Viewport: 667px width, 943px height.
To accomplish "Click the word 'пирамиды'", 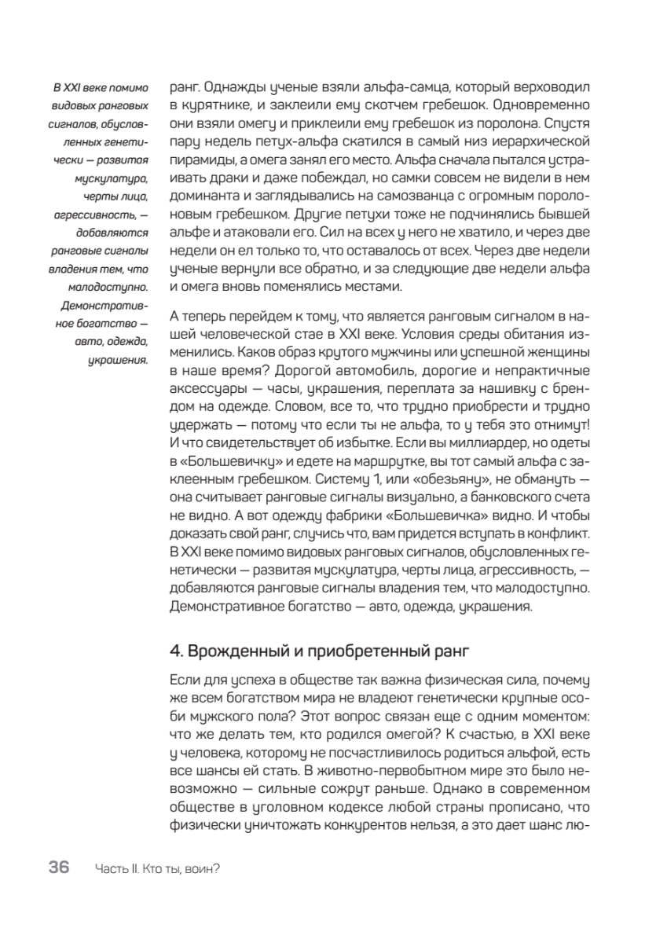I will [197, 160].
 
